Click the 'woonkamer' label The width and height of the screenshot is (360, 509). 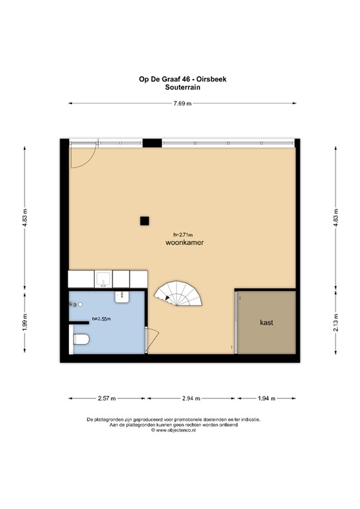[x=185, y=243]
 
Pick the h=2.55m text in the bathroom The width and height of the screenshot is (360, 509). [x=101, y=319]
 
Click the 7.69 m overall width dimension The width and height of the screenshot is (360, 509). [x=182, y=103]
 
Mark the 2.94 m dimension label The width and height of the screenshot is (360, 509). [x=191, y=398]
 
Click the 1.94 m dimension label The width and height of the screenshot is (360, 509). [x=267, y=398]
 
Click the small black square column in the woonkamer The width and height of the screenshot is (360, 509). [x=143, y=221]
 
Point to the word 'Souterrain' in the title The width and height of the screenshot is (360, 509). [x=182, y=85]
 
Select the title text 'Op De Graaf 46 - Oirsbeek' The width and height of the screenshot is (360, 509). [x=182, y=78]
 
